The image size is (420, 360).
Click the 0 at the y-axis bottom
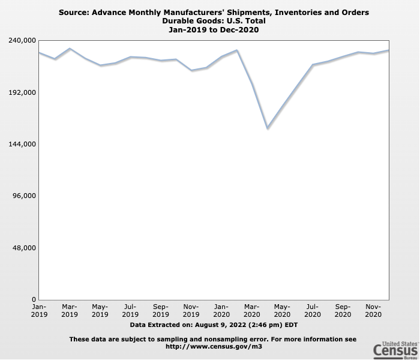click(34, 299)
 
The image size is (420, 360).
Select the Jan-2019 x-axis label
click(39, 310)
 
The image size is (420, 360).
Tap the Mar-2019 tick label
click(70, 310)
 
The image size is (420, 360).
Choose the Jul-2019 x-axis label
click(130, 310)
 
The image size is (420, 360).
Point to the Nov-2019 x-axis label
click(191, 310)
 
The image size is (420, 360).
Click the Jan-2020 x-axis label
click(221, 310)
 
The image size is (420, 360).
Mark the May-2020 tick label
click(282, 310)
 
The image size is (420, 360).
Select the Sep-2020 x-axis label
click(343, 310)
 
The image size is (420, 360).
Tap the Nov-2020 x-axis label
click(373, 310)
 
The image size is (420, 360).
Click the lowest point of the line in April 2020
click(268, 128)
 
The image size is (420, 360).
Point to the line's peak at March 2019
click(70, 49)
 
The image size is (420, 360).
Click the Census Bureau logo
click(395, 349)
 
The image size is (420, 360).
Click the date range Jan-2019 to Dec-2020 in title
click(214, 30)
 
